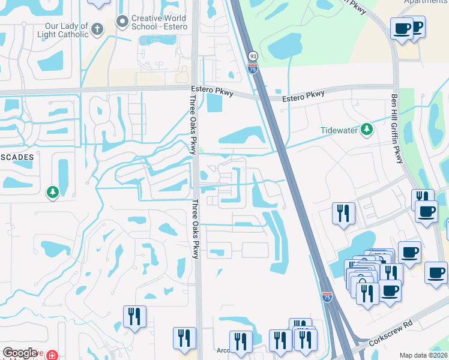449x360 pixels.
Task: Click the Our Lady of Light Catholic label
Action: tap(66, 30)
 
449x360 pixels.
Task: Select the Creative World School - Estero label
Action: tap(158, 23)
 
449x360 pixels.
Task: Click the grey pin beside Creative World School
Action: tap(123, 22)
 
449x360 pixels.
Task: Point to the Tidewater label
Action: tap(339, 130)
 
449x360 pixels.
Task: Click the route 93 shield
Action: tap(253, 56)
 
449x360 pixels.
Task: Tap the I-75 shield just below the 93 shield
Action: tap(253, 68)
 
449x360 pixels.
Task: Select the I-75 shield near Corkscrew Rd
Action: tap(327, 297)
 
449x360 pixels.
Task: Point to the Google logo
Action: tap(20, 353)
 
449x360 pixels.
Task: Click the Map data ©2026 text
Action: tap(423, 355)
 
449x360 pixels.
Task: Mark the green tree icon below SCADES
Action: tap(53, 192)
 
